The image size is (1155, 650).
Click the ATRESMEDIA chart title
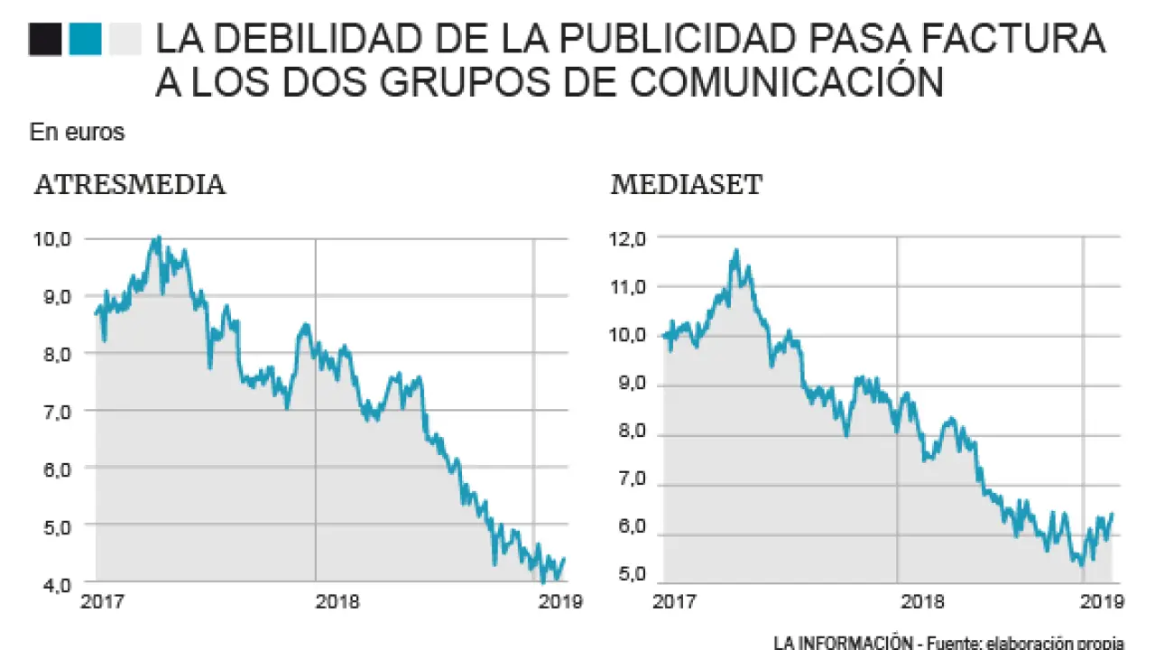pyautogui.click(x=130, y=186)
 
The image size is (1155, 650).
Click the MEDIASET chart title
pyautogui.click(x=687, y=186)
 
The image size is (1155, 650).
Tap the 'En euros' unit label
pyautogui.click(x=77, y=133)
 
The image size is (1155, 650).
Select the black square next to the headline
pyautogui.click(x=45, y=40)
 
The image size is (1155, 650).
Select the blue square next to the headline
pyautogui.click(x=85, y=40)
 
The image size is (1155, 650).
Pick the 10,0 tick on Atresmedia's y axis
pyautogui.click(x=52, y=239)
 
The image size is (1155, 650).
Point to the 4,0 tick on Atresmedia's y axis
pyautogui.click(x=52, y=584)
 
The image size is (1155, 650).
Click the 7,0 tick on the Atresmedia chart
pyautogui.click(x=52, y=411)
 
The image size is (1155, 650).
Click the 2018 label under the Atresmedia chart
pyautogui.click(x=338, y=601)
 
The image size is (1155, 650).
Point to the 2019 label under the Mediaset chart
pyautogui.click(x=1101, y=601)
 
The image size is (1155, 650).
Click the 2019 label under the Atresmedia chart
pyautogui.click(x=559, y=601)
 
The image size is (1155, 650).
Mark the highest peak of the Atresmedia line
pyautogui.click(x=158, y=237)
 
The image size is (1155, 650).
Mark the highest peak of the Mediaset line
pyautogui.click(x=736, y=251)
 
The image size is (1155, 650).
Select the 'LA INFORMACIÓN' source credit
pyautogui.click(x=844, y=642)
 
